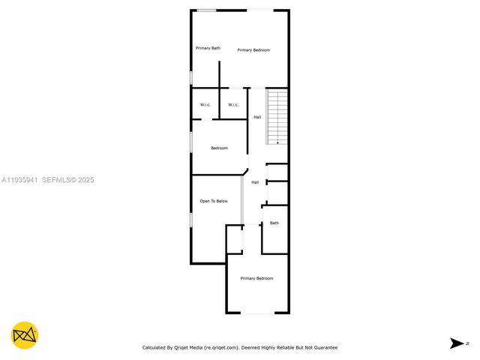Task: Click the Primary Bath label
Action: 208,48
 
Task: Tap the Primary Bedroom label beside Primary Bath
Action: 253,49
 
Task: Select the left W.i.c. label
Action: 204,104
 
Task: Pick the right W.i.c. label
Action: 233,104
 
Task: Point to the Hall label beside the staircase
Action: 257,117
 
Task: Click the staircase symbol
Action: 277,116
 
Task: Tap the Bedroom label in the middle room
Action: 219,148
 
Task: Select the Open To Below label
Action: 213,201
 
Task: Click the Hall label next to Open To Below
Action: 255,182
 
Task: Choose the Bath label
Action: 274,223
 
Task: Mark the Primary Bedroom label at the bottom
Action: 256,278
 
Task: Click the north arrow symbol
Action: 456,343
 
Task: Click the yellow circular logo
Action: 25,334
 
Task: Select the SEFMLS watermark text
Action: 58,180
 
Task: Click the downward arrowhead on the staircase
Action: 277,142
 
